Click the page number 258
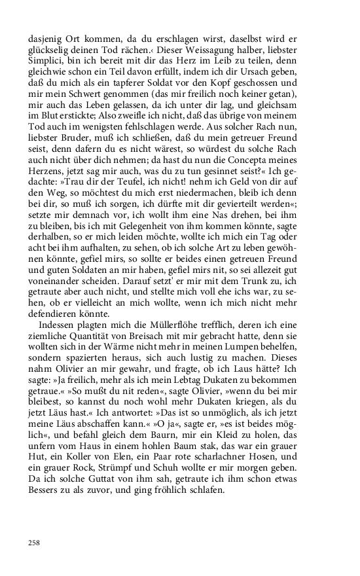[x=35, y=542]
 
